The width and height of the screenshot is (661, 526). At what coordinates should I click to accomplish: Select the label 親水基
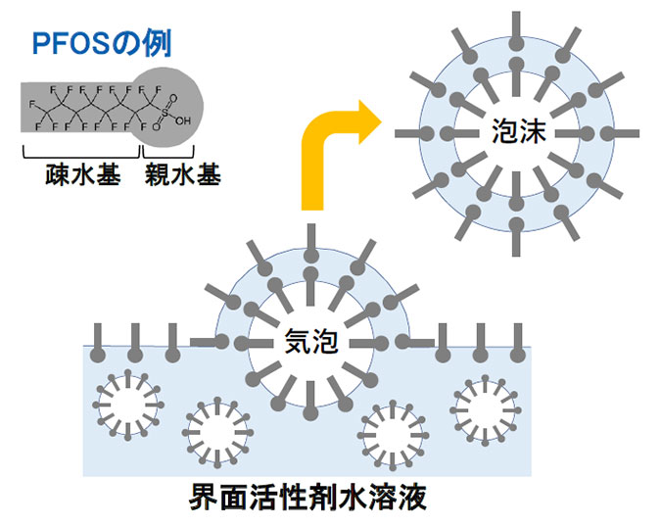point(183,176)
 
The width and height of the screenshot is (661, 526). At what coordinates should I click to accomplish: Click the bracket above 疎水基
point(80,155)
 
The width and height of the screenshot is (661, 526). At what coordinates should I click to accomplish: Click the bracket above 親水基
point(168,155)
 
